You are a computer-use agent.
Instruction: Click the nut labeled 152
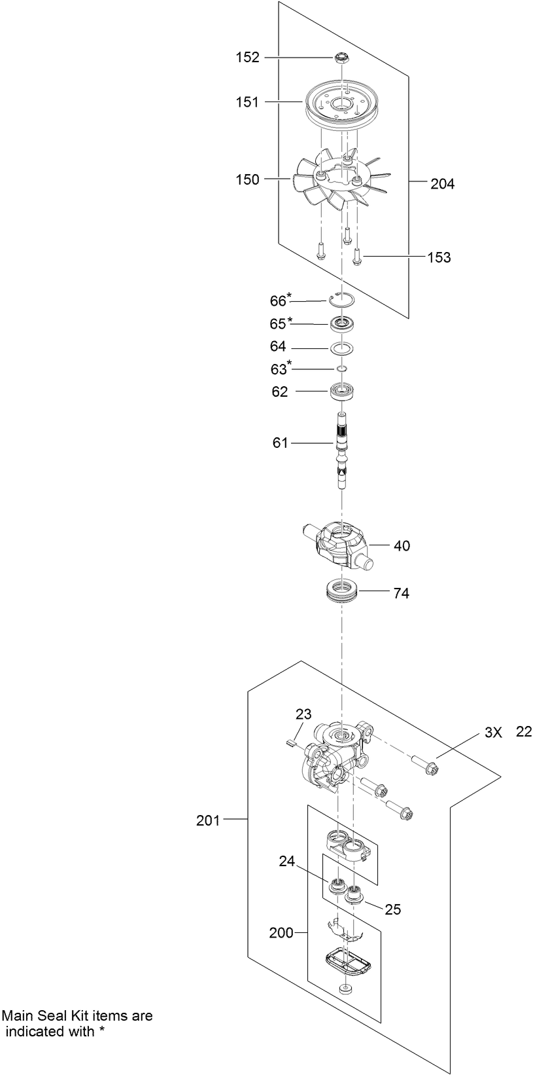click(x=340, y=58)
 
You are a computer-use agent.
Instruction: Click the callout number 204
click(x=442, y=184)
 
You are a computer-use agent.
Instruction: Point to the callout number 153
click(x=439, y=257)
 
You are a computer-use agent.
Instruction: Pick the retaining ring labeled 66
click(x=341, y=299)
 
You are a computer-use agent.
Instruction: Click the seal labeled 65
click(x=341, y=323)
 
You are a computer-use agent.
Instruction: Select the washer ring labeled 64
click(x=341, y=346)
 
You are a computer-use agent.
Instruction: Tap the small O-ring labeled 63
click(x=341, y=369)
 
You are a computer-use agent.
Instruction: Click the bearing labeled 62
click(x=341, y=392)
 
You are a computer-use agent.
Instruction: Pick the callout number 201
click(x=209, y=820)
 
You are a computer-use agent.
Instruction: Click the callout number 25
click(x=393, y=909)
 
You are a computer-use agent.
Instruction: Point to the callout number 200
click(x=281, y=933)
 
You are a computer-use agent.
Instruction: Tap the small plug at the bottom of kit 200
click(x=345, y=988)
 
